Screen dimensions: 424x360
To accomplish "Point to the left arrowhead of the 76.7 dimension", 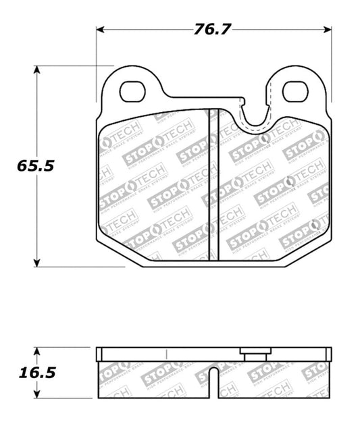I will [100, 30].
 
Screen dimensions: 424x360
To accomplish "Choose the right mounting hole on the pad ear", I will [295, 91].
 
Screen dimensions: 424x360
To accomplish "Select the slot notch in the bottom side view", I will [213, 382].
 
